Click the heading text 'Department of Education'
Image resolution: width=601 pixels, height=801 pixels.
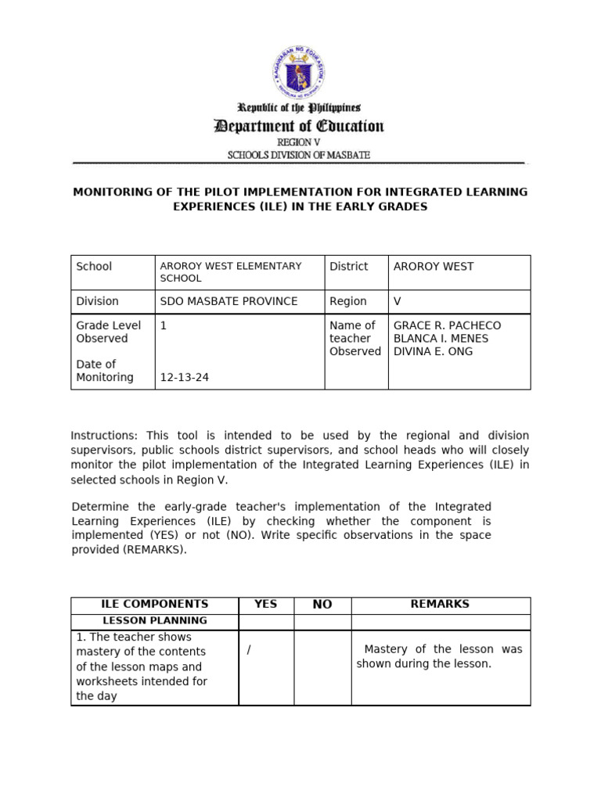tap(299, 126)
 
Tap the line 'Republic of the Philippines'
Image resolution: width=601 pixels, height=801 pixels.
tap(299, 108)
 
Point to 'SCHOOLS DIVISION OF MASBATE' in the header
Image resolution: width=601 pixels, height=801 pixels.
tap(299, 155)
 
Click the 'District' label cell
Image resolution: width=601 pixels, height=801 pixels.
tap(348, 267)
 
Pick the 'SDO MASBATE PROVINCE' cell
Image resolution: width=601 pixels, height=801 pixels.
tap(229, 301)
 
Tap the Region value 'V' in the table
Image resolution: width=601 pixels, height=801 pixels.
tap(397, 301)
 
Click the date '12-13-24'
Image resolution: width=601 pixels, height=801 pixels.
tap(184, 377)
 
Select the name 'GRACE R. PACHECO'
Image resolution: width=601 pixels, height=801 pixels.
tap(446, 325)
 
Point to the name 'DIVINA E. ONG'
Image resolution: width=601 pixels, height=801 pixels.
tap(433, 352)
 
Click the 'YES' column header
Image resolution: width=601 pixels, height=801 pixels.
tap(265, 605)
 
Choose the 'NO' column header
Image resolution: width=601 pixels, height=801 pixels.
tap(322, 605)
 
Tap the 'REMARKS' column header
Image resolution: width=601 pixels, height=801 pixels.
tap(440, 605)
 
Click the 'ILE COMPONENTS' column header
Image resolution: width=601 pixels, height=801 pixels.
tap(155, 605)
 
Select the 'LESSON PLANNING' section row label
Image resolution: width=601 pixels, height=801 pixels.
tap(155, 621)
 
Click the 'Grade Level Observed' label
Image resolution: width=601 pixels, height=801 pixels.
tap(108, 332)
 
